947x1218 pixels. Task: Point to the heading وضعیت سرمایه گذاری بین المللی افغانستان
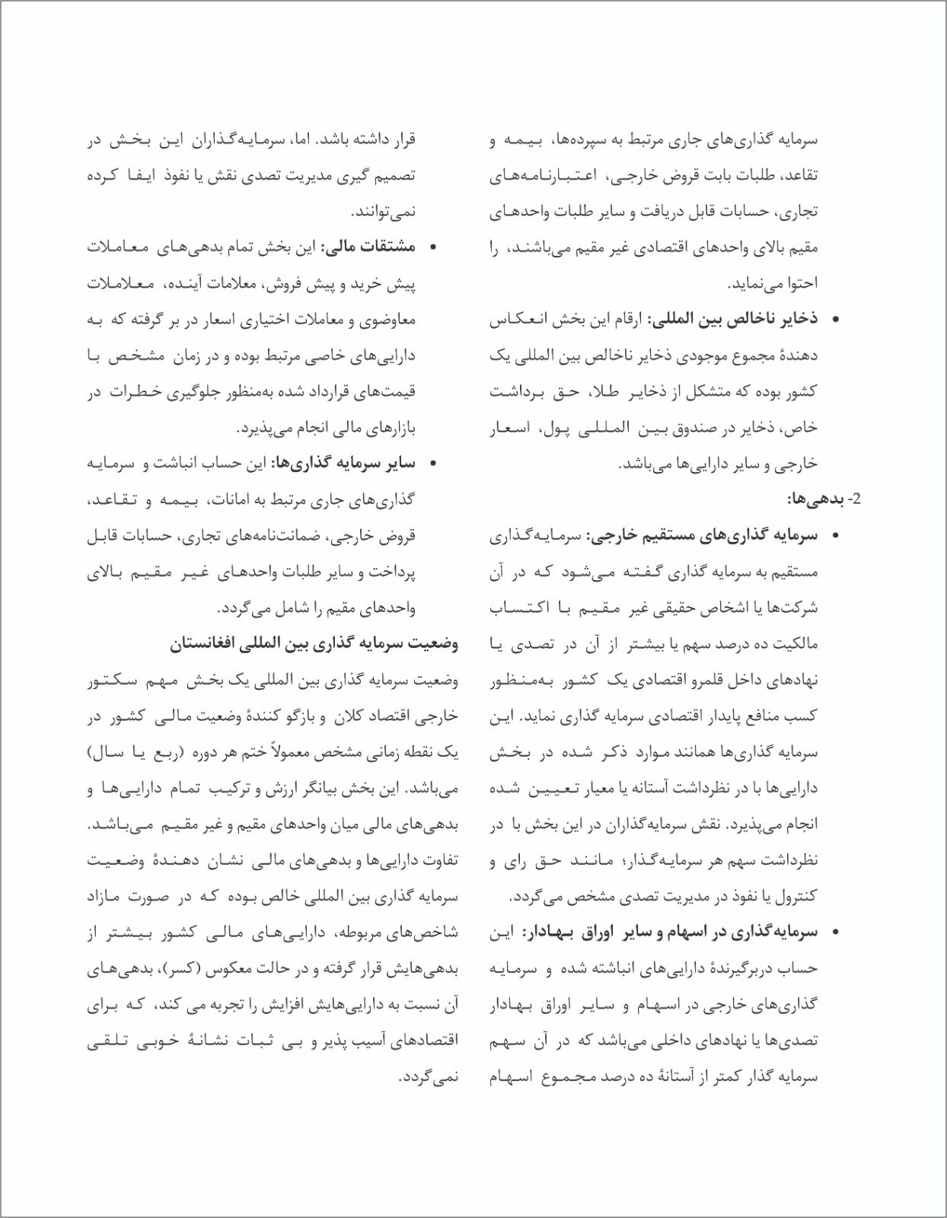[313, 644]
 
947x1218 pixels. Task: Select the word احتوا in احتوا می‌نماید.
[802, 284]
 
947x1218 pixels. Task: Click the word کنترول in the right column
[797, 896]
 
